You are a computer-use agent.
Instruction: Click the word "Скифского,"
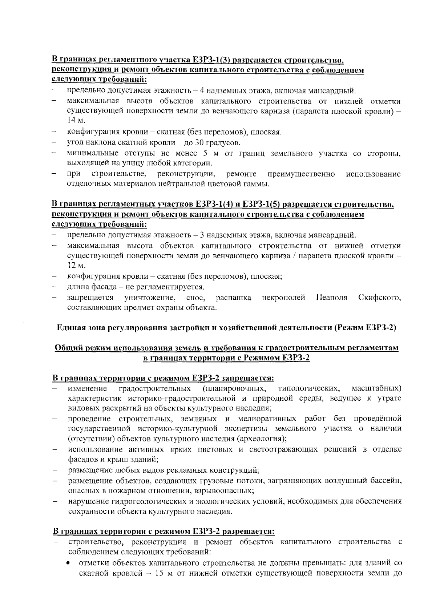click(x=379, y=298)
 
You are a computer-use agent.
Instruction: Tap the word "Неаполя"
click(x=331, y=298)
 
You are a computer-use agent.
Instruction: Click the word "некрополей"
click(x=283, y=298)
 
